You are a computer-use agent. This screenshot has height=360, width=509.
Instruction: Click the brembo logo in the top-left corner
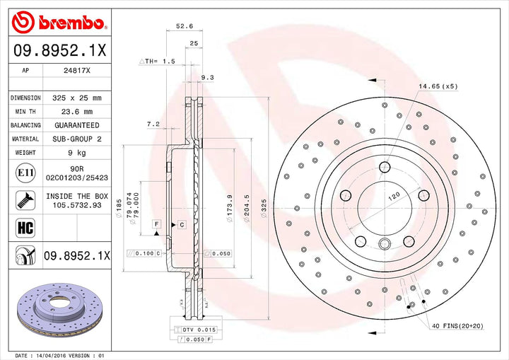click(58, 23)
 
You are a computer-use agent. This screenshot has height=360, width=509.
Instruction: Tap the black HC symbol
click(21, 227)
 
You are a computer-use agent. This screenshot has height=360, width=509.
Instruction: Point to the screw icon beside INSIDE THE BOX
click(21, 199)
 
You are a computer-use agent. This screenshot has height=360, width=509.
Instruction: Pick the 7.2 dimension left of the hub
click(152, 124)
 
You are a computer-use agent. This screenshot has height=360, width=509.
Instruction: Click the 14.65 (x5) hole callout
click(438, 86)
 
